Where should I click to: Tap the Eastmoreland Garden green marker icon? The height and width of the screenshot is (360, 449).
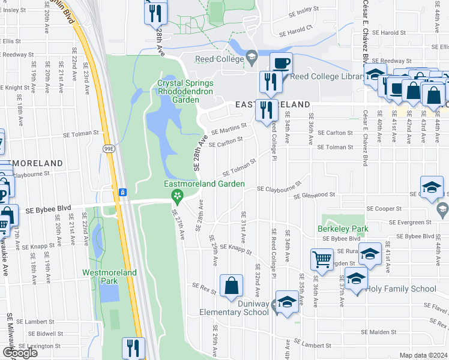177,196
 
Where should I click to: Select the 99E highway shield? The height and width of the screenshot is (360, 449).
110,150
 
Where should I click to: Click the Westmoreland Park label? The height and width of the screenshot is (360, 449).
110,277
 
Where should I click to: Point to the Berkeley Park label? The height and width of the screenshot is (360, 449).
343,229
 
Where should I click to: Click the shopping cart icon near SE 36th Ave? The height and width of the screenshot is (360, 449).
322,260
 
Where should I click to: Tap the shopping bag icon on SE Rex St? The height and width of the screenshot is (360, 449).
231,287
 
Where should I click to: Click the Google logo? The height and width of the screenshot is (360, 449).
20,353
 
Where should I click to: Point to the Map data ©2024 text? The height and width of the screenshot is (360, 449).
423,355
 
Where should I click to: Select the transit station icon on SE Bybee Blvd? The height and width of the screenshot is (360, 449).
122,192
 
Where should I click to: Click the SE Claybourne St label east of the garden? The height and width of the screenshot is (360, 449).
279,188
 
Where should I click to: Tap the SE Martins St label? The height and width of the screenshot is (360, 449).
228,128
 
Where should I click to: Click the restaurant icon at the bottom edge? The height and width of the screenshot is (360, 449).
133,348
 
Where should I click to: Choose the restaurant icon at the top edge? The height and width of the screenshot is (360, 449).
155,13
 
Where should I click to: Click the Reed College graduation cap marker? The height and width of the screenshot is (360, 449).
253,58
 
